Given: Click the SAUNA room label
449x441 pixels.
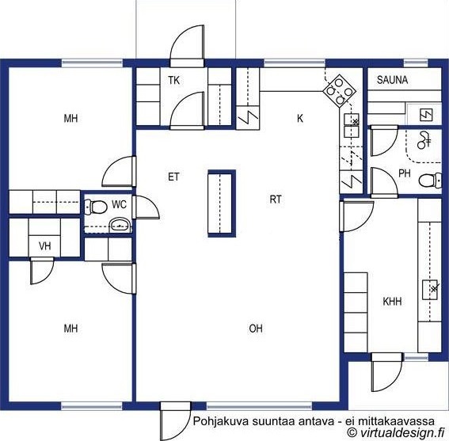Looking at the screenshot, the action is click(x=392, y=80).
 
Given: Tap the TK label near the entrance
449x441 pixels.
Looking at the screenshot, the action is click(x=173, y=81).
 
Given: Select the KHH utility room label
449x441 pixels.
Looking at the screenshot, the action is click(x=392, y=301).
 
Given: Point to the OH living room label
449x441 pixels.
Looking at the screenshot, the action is click(x=256, y=329).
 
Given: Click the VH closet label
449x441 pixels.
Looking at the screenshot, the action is click(x=45, y=245).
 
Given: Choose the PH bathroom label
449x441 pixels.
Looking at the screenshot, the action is click(x=405, y=173).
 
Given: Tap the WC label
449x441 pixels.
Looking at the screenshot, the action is click(x=119, y=204).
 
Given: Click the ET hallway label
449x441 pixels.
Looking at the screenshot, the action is click(x=173, y=177).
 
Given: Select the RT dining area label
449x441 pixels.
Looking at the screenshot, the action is click(x=276, y=200).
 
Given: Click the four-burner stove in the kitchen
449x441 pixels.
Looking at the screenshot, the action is click(x=340, y=91).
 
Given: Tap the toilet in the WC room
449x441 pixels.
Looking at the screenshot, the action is click(x=97, y=207).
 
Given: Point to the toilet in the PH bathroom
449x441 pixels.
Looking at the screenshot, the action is click(x=430, y=181).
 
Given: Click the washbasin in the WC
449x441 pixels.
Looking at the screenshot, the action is click(x=120, y=226).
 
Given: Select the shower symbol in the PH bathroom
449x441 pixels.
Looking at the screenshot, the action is click(x=424, y=140).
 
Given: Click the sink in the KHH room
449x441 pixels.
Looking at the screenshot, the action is click(x=430, y=290).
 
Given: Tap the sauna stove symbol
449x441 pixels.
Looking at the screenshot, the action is click(x=426, y=115).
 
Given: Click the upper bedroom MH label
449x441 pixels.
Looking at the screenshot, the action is click(x=70, y=118).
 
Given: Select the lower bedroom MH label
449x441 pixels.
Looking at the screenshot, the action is click(x=70, y=329).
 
